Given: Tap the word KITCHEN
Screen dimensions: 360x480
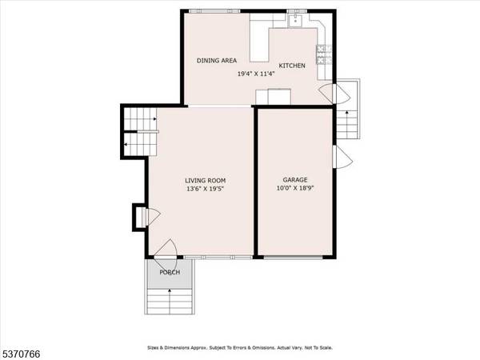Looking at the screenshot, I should (x=291, y=66).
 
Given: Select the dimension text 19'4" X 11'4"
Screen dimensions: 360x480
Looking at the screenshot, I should (x=257, y=74).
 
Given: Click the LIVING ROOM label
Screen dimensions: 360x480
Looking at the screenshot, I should (x=206, y=181).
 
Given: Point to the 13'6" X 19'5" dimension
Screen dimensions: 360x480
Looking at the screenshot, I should (x=206, y=190).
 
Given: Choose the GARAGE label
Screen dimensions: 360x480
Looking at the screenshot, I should (x=294, y=181).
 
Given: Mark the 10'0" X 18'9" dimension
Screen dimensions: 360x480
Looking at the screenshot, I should (x=294, y=190).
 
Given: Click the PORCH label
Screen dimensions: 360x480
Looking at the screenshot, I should (x=170, y=273).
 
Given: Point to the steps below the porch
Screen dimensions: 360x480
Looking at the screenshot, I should (x=170, y=300).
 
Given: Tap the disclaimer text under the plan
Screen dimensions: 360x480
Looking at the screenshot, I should (x=240, y=348).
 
